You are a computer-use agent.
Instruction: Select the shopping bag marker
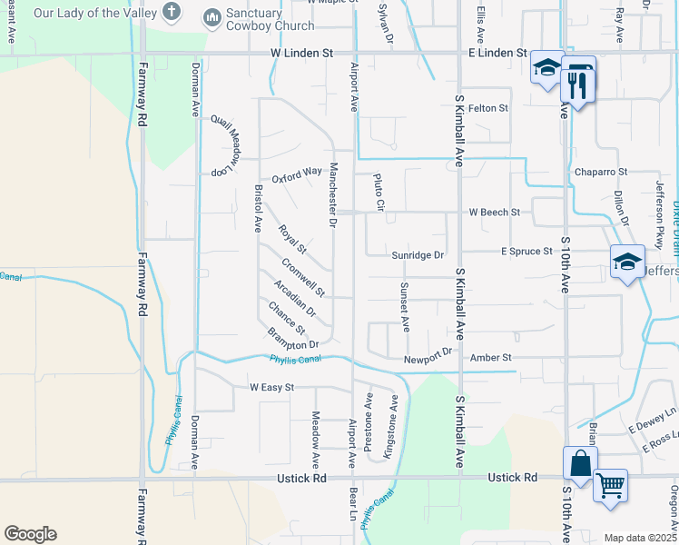click(x=580, y=464)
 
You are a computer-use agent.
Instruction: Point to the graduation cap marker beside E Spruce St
click(x=627, y=263)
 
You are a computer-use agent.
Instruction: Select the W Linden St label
click(x=300, y=54)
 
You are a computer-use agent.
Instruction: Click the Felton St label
click(x=487, y=108)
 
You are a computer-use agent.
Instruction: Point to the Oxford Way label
click(x=297, y=172)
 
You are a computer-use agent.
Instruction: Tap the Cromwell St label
click(x=303, y=278)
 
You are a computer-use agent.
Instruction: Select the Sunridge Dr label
click(x=418, y=256)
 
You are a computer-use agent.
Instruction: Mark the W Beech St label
click(x=494, y=213)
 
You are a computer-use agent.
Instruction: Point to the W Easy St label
click(x=272, y=387)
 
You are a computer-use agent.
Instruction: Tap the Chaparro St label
click(x=600, y=172)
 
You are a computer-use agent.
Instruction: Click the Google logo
click(x=30, y=534)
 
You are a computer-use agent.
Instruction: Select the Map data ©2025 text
click(x=639, y=538)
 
